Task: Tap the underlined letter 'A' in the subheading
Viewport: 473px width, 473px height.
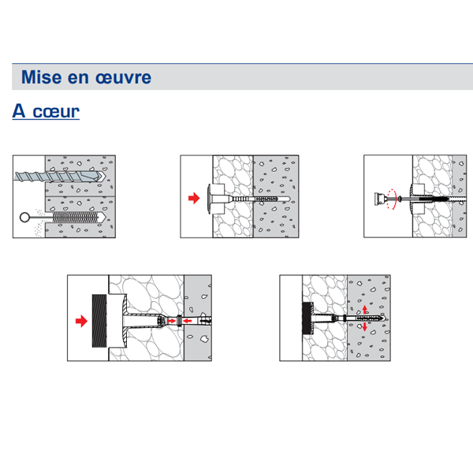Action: (20, 111)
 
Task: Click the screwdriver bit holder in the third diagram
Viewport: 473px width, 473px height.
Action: (380, 199)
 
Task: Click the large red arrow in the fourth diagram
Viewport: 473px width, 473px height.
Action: (79, 320)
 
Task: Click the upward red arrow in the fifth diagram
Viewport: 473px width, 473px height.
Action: (364, 313)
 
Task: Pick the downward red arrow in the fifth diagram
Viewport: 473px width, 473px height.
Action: (364, 326)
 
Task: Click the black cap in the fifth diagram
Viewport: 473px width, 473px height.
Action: (305, 319)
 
